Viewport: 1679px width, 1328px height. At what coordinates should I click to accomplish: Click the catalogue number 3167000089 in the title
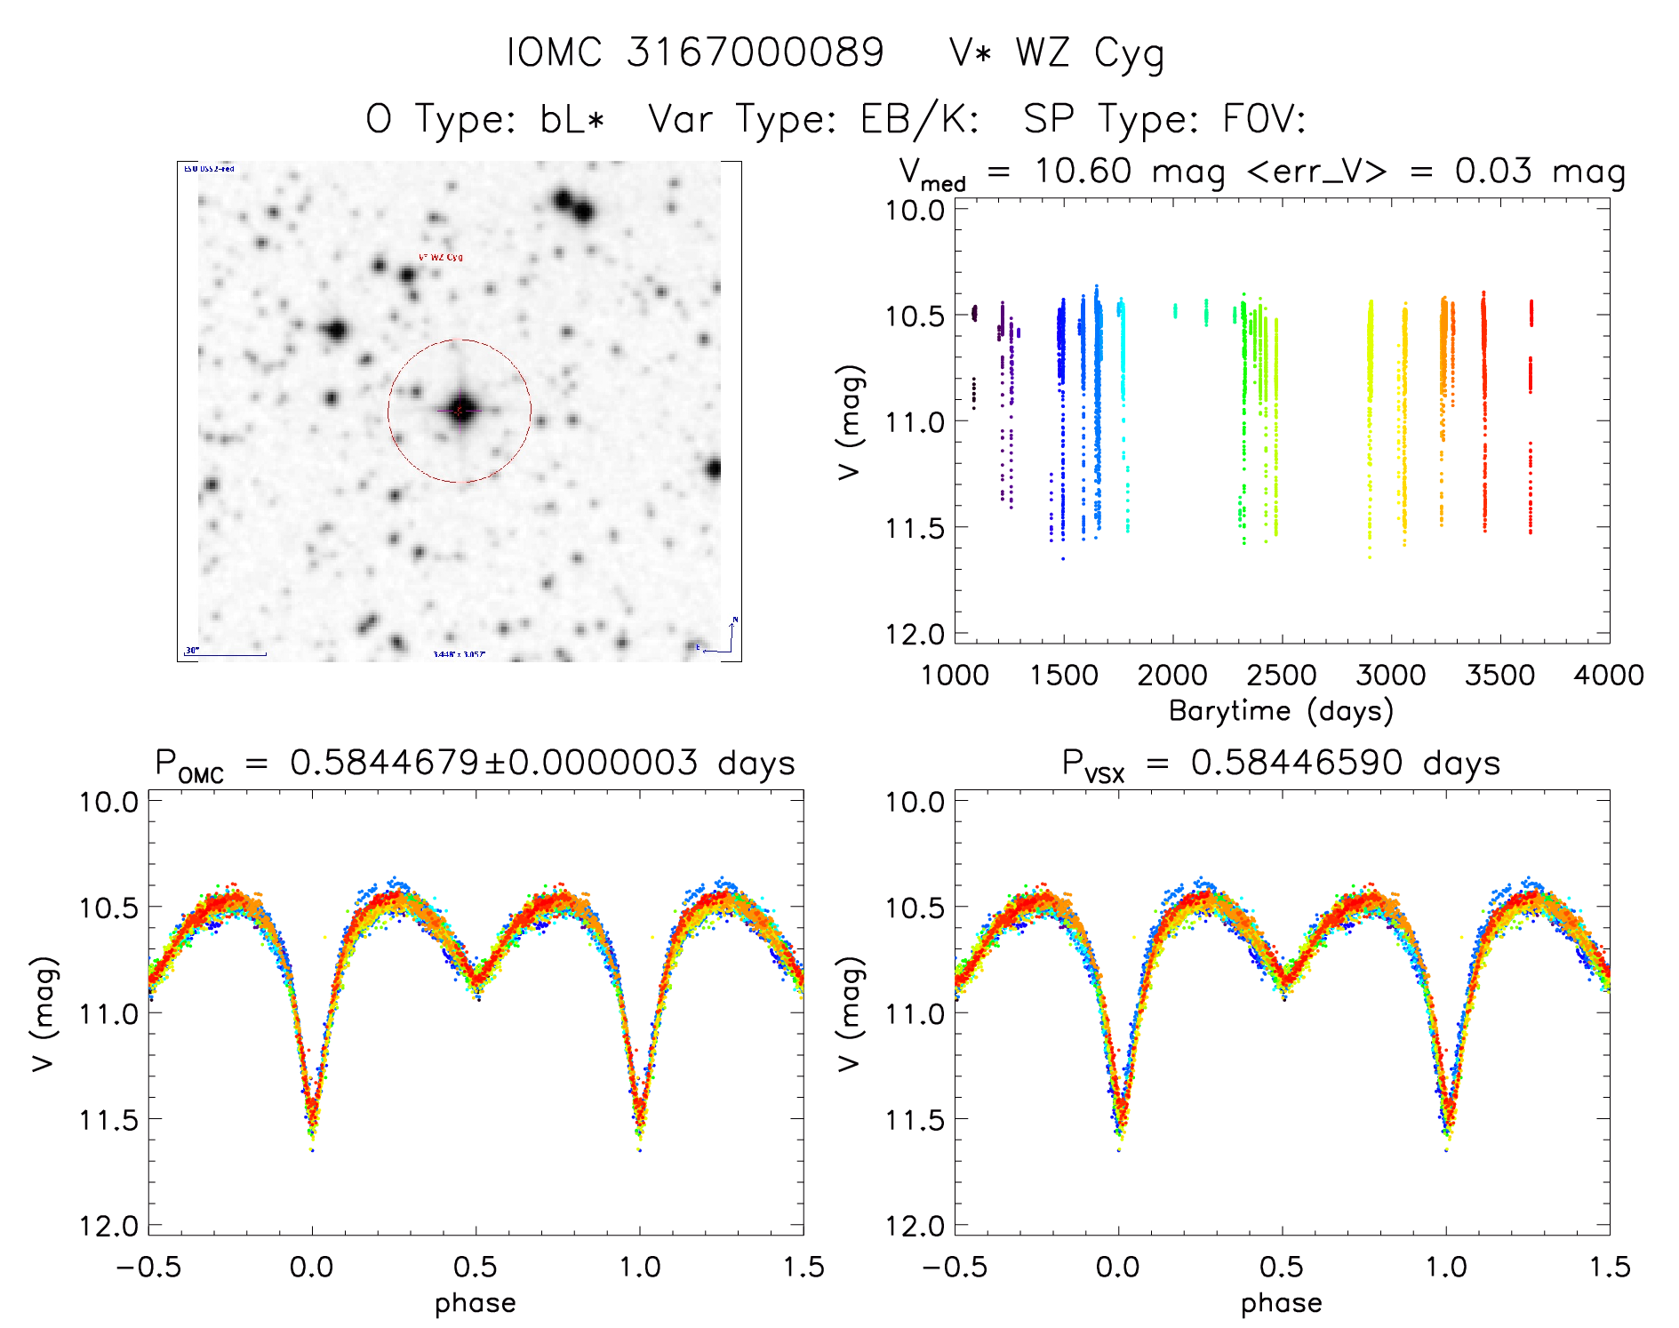[x=756, y=52]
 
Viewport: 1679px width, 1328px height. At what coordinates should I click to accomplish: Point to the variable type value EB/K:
[x=919, y=119]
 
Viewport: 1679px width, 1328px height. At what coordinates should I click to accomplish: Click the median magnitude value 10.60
[x=1083, y=171]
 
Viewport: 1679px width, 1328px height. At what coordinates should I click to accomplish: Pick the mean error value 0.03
[x=1493, y=171]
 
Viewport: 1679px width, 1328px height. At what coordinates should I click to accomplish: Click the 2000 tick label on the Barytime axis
[x=1172, y=676]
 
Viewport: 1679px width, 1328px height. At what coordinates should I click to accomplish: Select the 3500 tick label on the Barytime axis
[x=1499, y=676]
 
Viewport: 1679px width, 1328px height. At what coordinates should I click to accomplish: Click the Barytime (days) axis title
[x=1281, y=711]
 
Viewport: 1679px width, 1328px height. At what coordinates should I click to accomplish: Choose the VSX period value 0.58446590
[x=1297, y=763]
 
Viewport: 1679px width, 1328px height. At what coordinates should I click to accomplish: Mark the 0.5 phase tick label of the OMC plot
[x=476, y=1267]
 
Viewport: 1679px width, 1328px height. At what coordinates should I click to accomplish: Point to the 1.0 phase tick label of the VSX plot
[x=1446, y=1267]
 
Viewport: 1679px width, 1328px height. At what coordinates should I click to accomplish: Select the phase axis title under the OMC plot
[x=476, y=1303]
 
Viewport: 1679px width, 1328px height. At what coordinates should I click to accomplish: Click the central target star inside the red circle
[x=460, y=410]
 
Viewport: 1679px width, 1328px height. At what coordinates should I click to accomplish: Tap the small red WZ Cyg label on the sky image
[x=441, y=258]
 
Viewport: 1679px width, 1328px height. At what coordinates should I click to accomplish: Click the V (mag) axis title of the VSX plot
[x=851, y=1013]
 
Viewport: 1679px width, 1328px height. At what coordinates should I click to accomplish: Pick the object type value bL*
[x=572, y=119]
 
